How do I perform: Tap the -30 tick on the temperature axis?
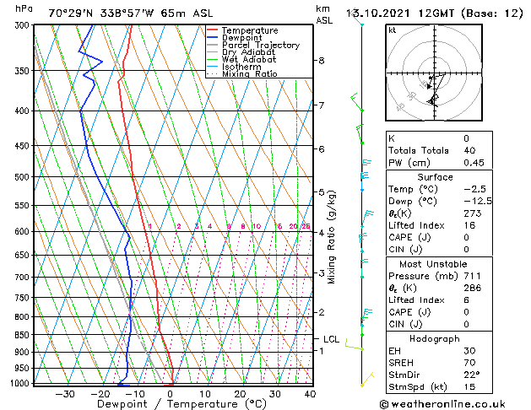[x=64, y=393]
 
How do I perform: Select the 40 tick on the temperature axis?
[x=310, y=393]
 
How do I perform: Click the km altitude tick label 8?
[x=322, y=61]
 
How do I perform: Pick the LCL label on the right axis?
[x=331, y=339]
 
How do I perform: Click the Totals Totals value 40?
[x=466, y=150]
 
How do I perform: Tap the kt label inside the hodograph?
[x=393, y=30]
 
